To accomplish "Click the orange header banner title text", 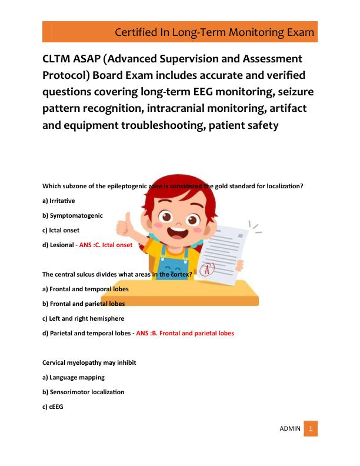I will point(214,31).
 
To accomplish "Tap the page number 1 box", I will point(311,428).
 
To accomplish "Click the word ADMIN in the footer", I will point(290,429).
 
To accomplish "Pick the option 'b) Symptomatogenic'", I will point(72,215).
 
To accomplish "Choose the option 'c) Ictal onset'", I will point(61,230).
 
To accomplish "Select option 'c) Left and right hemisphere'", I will point(83,318).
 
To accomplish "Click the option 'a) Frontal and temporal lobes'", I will point(85,289).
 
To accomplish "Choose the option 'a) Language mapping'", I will point(74,377).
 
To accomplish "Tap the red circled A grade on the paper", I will point(206,270).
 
